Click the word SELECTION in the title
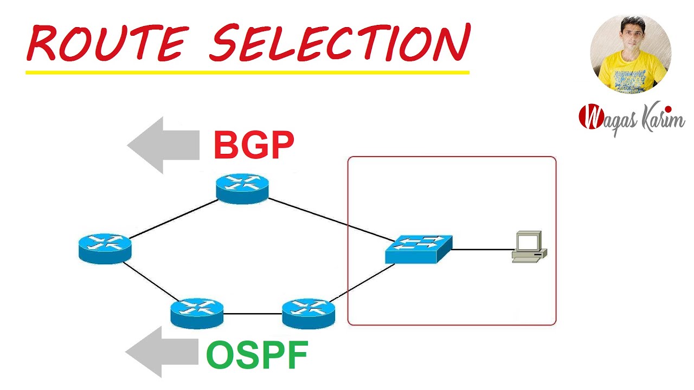[339, 42]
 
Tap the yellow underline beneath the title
[247, 71]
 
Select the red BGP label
[254, 145]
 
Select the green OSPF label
[257, 355]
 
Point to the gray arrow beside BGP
[163, 145]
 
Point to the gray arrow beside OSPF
[162, 352]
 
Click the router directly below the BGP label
[242, 188]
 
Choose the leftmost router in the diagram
[105, 249]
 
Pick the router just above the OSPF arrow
[197, 313]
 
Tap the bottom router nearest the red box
[309, 313]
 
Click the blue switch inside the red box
[418, 249]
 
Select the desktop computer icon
[529, 247]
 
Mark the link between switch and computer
[482, 250]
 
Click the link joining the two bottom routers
[253, 314]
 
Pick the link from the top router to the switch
[331, 219]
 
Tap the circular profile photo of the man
[631, 54]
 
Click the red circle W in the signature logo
[590, 116]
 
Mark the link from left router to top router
[173, 219]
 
